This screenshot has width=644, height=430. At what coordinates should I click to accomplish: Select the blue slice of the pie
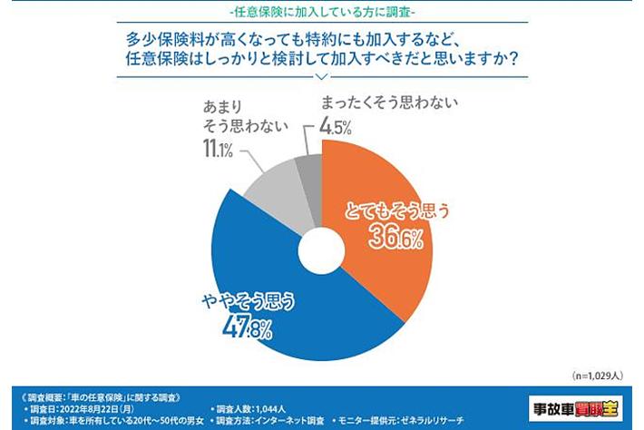click(x=272, y=299)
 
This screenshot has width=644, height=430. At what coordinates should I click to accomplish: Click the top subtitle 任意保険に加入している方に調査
click(x=322, y=12)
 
